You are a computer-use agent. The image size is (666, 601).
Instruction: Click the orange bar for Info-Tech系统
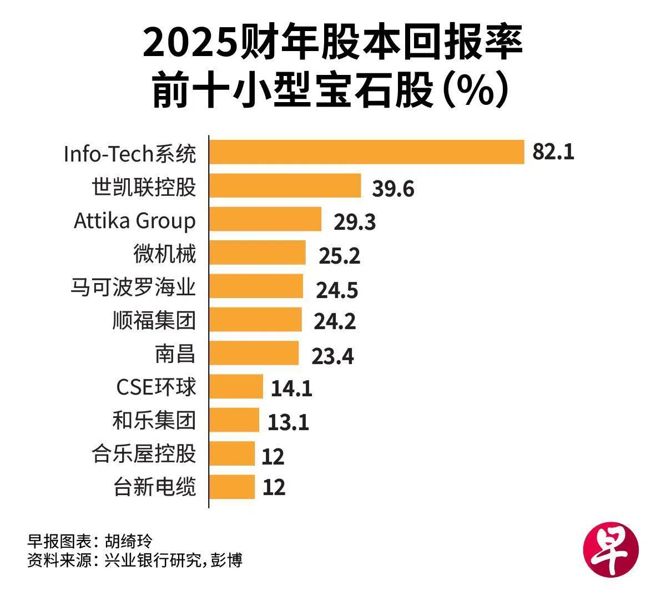click(367, 152)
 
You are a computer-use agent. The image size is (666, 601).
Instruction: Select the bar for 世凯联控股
click(285, 185)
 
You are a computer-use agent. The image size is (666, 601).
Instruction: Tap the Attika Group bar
click(266, 219)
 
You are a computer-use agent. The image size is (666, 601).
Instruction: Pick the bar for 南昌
click(254, 353)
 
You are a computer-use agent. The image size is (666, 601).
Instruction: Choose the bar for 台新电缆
click(232, 487)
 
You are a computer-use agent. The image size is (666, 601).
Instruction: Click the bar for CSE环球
click(236, 386)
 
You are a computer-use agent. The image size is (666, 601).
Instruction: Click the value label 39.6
click(393, 189)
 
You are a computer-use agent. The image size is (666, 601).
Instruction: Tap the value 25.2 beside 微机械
click(339, 256)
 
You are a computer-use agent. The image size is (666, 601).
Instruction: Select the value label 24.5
click(337, 290)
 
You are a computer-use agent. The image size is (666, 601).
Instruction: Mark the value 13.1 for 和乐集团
click(288, 422)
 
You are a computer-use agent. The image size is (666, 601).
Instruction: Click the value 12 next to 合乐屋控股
click(273, 457)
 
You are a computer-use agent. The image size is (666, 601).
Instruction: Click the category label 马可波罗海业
click(133, 287)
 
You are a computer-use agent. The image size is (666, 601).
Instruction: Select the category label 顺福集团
click(154, 320)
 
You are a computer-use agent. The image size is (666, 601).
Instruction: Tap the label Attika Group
click(135, 221)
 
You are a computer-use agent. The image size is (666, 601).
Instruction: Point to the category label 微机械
click(165, 254)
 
